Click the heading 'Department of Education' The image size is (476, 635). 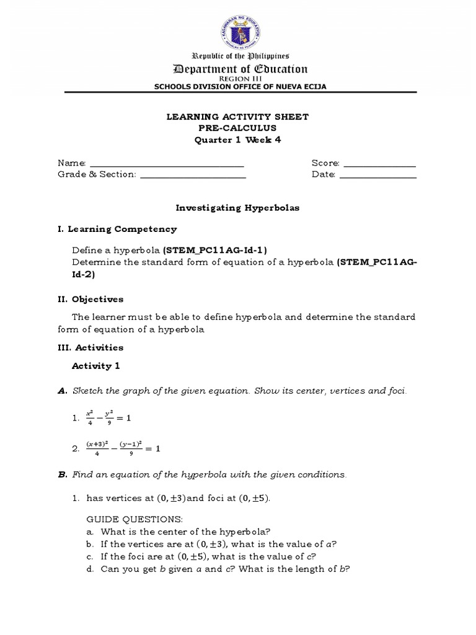point(239,69)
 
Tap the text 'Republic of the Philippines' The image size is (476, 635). point(239,56)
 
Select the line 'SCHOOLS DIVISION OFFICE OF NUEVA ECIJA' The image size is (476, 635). point(239,86)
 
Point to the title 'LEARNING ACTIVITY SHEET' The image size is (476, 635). point(239,117)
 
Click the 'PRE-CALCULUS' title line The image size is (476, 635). point(239,128)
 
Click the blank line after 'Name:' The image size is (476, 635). point(167,164)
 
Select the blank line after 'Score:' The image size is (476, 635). point(379,164)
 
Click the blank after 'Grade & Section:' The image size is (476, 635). point(193,175)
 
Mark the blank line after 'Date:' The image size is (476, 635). point(378,175)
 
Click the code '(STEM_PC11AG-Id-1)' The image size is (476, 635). point(214,250)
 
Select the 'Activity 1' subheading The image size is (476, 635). point(95,366)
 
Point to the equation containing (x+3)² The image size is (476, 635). point(121,448)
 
